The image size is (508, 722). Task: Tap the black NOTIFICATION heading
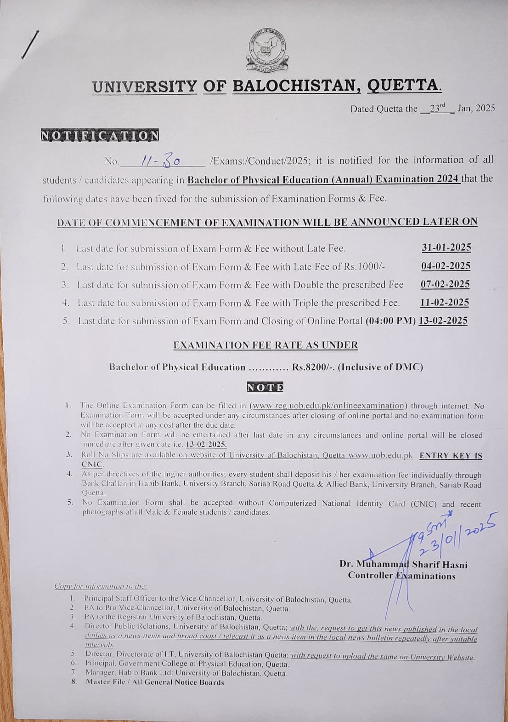pyautogui.click(x=100, y=136)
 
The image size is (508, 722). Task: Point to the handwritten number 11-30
pyautogui.click(x=161, y=160)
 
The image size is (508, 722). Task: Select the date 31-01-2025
pyautogui.click(x=446, y=247)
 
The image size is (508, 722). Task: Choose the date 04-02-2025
pyautogui.click(x=446, y=266)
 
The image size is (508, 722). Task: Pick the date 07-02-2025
pyautogui.click(x=445, y=284)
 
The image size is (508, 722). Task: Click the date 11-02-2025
pyautogui.click(x=445, y=302)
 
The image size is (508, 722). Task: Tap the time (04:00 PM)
pyautogui.click(x=390, y=321)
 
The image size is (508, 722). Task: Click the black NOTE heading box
pyautogui.click(x=265, y=387)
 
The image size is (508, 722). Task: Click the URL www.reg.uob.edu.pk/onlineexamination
pyautogui.click(x=328, y=406)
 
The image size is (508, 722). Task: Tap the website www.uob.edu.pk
pyautogui.click(x=380, y=455)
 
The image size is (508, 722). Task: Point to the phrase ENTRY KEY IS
pyautogui.click(x=451, y=455)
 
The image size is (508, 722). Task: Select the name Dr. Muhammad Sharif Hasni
pyautogui.click(x=403, y=564)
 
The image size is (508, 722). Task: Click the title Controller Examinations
pyautogui.click(x=401, y=575)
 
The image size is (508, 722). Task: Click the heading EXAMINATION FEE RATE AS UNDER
pyautogui.click(x=265, y=345)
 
